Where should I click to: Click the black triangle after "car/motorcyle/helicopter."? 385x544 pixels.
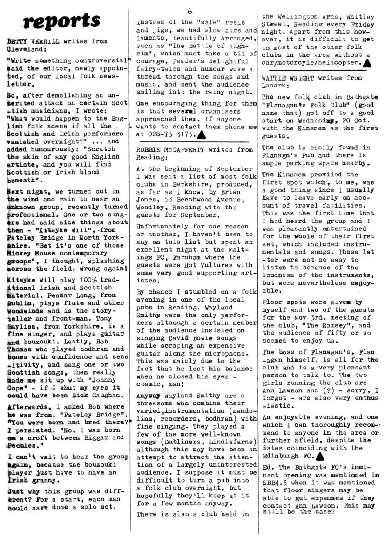[x=366, y=61]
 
